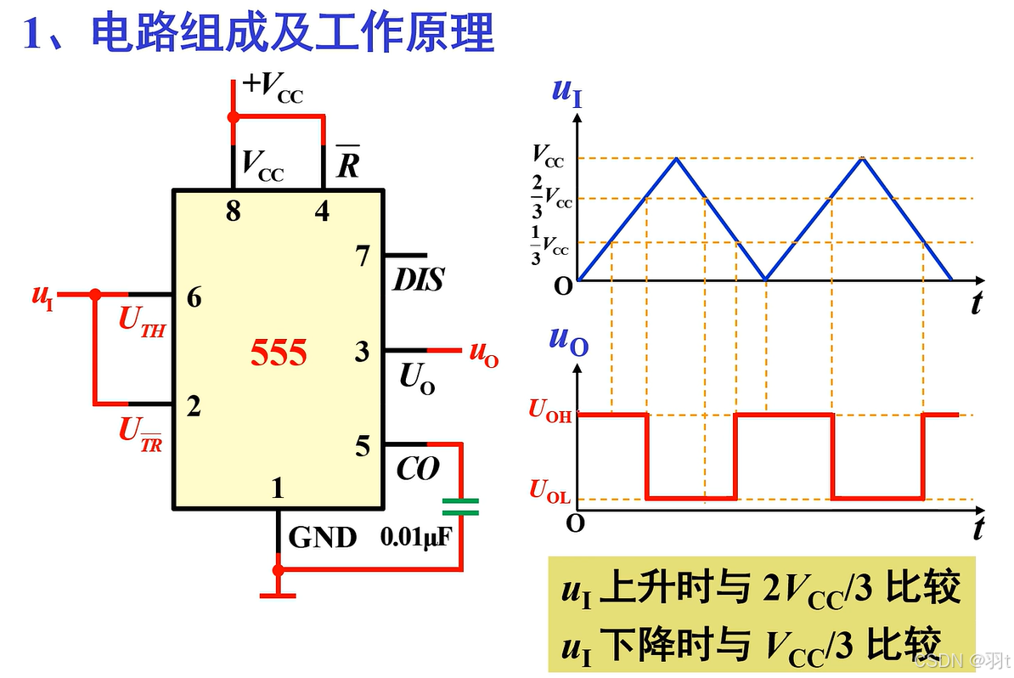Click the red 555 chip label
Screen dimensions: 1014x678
[x=278, y=352]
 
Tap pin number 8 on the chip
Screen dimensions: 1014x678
[x=233, y=212]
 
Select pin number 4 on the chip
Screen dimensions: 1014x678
[x=322, y=212]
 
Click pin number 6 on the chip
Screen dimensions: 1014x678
[x=194, y=298]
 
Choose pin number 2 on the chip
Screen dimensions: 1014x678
[x=194, y=407]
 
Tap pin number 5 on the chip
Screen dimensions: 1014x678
[x=363, y=446]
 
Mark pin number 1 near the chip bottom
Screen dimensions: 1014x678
[x=277, y=488]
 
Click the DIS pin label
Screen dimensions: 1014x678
[x=418, y=280]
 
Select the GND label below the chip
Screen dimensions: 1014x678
[x=323, y=538]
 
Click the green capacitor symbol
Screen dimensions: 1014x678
[x=460, y=507]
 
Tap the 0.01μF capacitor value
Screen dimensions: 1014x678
[x=414, y=538]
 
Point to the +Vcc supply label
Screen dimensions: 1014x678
[x=273, y=86]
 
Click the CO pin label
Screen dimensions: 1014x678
[x=418, y=468]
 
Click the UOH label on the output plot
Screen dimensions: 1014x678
[x=550, y=410]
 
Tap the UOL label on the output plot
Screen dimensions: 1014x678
[x=550, y=490]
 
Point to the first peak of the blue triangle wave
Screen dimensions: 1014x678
[x=676, y=158]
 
